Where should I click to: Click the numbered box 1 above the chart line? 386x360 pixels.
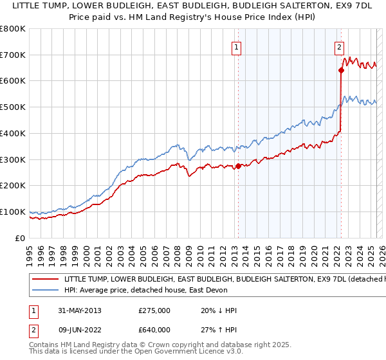[237, 47]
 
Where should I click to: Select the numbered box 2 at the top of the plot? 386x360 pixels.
[339, 47]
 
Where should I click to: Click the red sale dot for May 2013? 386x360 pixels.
[238, 166]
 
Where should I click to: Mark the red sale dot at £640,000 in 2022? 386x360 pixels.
[340, 71]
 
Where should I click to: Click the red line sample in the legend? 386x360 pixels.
[45, 280]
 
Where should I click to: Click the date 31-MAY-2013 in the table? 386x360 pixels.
[79, 310]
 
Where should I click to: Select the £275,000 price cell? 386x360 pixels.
[154, 310]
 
